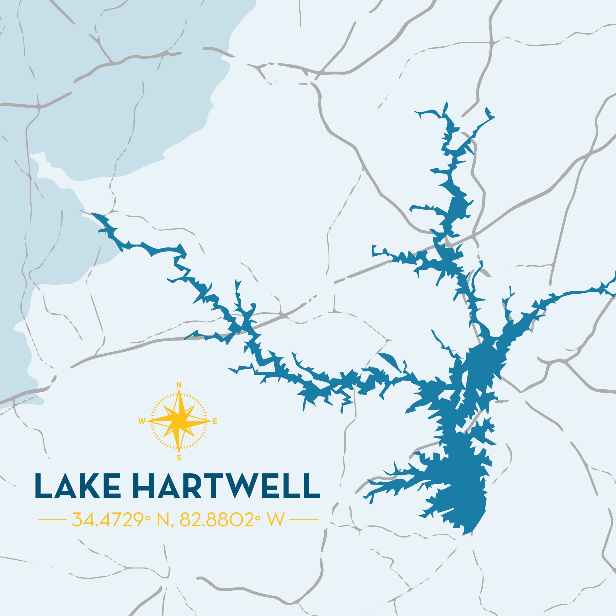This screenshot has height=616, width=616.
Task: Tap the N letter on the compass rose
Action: pos(179,384)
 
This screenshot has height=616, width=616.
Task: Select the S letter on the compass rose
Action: pos(179,458)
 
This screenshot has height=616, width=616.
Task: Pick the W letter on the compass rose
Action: pos(142,422)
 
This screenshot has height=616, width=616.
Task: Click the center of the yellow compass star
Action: pos(179,421)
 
